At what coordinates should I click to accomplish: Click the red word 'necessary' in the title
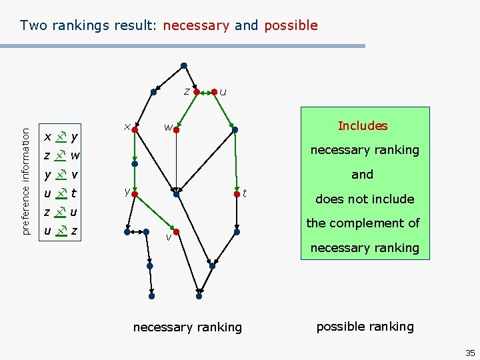(x=196, y=26)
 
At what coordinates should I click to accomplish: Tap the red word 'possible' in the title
(x=291, y=26)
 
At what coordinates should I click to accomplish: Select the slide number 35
(x=470, y=353)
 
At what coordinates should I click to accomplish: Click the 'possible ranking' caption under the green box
(x=365, y=327)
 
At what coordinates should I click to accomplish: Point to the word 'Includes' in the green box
(x=362, y=126)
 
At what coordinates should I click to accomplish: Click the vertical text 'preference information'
(x=26, y=172)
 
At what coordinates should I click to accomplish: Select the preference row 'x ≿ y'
(x=61, y=137)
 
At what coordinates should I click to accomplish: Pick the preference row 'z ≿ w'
(x=61, y=156)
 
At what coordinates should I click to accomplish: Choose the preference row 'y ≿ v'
(x=61, y=175)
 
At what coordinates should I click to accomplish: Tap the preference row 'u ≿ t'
(x=61, y=193)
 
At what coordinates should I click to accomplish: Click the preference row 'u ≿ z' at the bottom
(x=61, y=231)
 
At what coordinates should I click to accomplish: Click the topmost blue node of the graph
(x=184, y=65)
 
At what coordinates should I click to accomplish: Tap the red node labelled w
(x=176, y=131)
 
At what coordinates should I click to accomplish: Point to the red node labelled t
(x=236, y=195)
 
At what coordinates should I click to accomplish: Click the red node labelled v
(x=175, y=232)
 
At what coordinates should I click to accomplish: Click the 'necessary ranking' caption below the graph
(x=187, y=327)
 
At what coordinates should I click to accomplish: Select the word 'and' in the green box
(x=362, y=175)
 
